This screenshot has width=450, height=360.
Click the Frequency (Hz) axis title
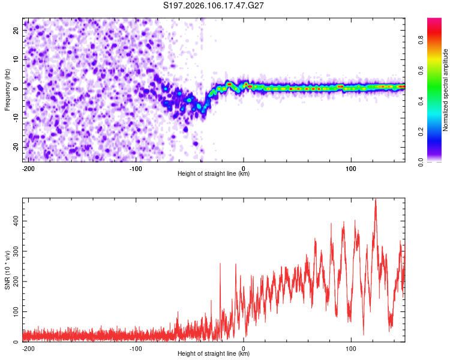click(x=7, y=89)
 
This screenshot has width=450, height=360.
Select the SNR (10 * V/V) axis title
click(x=7, y=269)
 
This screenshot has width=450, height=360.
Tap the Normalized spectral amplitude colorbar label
click(x=446, y=89)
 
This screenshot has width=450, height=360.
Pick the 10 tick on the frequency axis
click(x=17, y=59)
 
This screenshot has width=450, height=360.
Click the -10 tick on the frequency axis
click(x=16, y=118)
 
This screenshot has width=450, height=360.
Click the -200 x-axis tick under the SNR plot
click(x=28, y=347)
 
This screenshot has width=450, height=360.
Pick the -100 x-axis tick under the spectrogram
click(x=136, y=167)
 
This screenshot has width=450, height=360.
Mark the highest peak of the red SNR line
click(x=376, y=199)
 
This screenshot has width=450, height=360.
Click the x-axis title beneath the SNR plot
click(x=214, y=354)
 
